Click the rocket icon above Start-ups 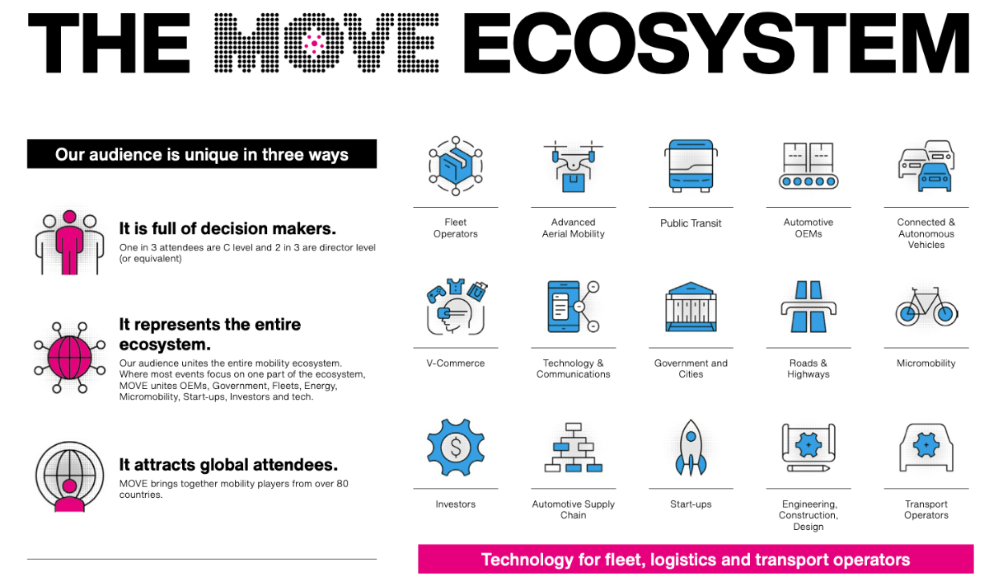[x=691, y=448]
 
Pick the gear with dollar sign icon [x=455, y=448]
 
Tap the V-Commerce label [x=455, y=364]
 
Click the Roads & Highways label [x=809, y=368]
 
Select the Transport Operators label [x=926, y=509]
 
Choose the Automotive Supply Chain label [x=573, y=509]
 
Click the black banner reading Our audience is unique [x=202, y=154]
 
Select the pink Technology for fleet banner [x=695, y=560]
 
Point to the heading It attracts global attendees [x=228, y=465]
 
